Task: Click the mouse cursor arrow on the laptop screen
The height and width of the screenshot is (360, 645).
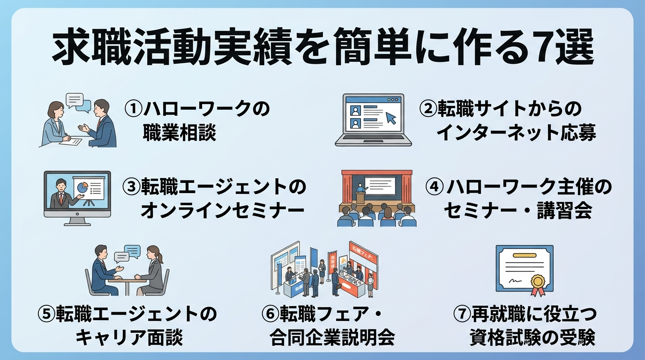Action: tap(390, 118)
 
